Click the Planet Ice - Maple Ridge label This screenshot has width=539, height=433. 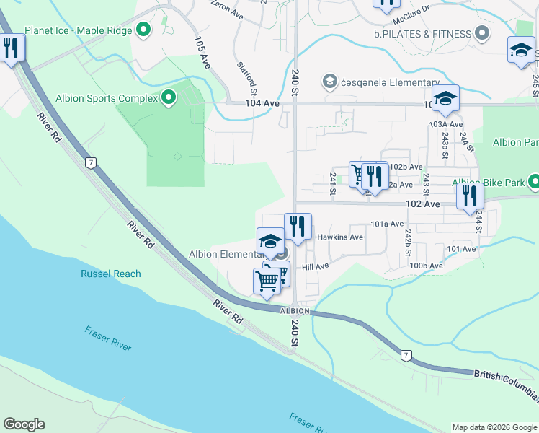point(78,31)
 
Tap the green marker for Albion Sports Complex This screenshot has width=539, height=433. point(169,97)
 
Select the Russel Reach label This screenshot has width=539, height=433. point(111,274)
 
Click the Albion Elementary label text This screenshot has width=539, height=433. point(226,254)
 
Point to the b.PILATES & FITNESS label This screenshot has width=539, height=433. point(422,33)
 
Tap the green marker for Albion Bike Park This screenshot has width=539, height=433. point(534,182)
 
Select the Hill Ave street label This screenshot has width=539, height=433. point(315,266)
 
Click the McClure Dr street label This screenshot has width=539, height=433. point(415,9)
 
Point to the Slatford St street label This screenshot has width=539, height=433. point(247,79)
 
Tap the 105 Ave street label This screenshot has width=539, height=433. point(202,52)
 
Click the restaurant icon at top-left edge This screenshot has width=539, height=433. point(10,48)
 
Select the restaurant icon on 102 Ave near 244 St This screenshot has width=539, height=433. point(470,196)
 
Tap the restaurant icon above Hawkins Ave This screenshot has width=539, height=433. point(298,226)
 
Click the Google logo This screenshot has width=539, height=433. point(24,424)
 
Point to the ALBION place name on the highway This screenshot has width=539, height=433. point(295,311)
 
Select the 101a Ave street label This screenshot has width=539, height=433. point(387,224)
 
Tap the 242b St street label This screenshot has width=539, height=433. point(408,242)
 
